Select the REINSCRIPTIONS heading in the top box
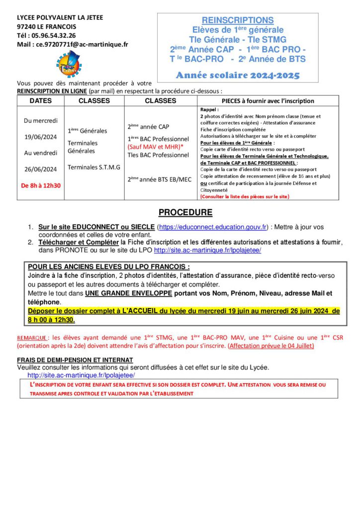pyautogui.click(x=238, y=20)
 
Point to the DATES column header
pyautogui.click(x=41, y=100)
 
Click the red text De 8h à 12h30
pyautogui.click(x=41, y=185)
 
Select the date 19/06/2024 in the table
pyautogui.click(x=41, y=137)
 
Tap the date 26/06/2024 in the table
pyautogui.click(x=41, y=169)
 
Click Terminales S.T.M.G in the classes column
pyautogui.click(x=94, y=167)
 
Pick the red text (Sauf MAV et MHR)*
pyautogui.click(x=154, y=147)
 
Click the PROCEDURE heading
pyautogui.click(x=185, y=213)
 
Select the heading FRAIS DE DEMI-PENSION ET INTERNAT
pyautogui.click(x=75, y=360)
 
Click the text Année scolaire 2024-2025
pyautogui.click(x=238, y=76)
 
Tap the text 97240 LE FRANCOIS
pyautogui.click(x=46, y=26)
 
